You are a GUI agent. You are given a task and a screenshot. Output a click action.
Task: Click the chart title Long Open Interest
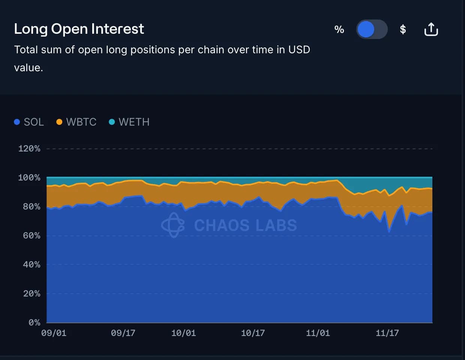[x=79, y=29]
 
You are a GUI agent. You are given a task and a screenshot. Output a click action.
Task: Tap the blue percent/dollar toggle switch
[x=371, y=29]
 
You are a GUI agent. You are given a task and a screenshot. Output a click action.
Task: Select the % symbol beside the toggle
[x=339, y=30]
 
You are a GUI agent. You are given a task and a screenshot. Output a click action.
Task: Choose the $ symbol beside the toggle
[x=403, y=29]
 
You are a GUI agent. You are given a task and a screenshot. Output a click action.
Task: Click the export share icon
[x=431, y=29]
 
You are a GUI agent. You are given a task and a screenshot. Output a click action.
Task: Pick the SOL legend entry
[x=29, y=122]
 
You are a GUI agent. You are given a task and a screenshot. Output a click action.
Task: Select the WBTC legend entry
[x=76, y=122]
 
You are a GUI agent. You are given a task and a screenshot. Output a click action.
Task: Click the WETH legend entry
[x=129, y=122]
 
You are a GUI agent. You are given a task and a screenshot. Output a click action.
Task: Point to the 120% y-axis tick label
[x=29, y=148]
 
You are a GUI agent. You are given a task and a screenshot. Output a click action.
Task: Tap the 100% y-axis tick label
[x=29, y=177]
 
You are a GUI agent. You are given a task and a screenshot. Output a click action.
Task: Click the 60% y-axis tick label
[x=31, y=235]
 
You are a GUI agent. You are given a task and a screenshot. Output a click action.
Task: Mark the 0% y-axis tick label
[x=34, y=322]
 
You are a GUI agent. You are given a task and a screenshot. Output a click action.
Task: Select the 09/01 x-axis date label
[x=54, y=333]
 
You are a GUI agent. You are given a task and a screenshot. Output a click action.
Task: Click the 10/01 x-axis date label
[x=183, y=333]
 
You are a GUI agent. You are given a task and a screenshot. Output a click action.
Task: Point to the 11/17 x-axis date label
[x=387, y=333]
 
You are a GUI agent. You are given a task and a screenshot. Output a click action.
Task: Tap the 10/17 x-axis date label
[x=253, y=333]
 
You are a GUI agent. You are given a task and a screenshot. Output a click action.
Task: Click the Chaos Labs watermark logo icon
[x=173, y=225]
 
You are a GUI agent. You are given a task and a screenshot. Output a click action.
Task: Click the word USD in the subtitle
[x=299, y=50]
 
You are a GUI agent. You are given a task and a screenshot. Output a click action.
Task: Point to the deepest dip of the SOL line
[x=389, y=231]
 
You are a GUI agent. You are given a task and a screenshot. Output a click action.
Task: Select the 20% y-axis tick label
[x=31, y=294]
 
